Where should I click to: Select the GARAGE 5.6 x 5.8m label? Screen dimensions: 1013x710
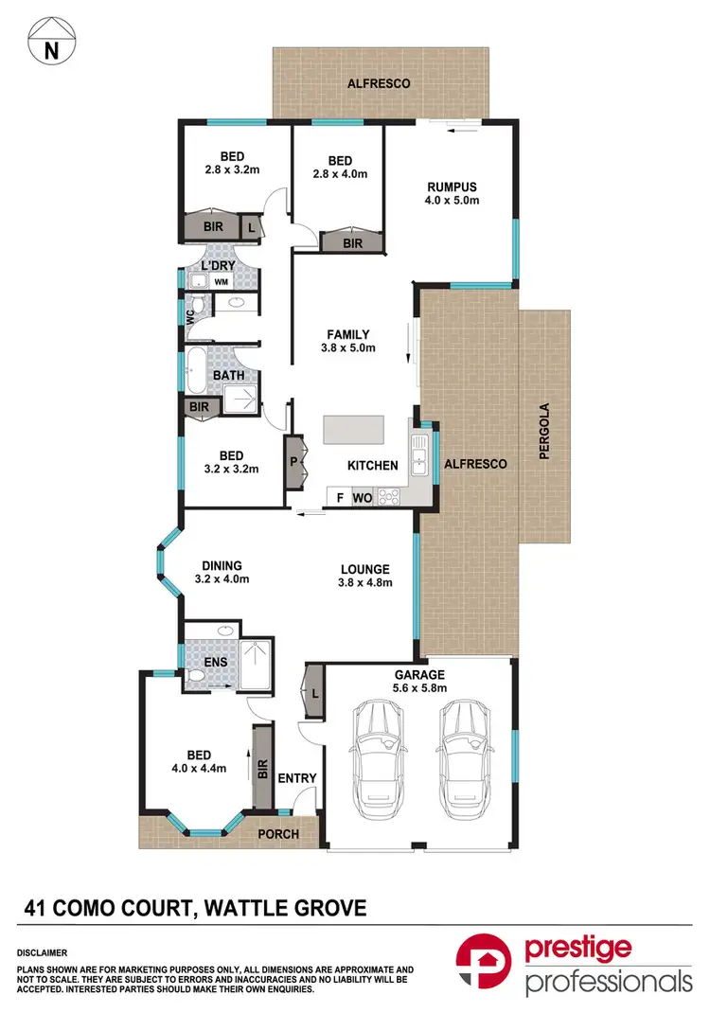tap(419, 682)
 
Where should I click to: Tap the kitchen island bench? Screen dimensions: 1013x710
tap(354, 431)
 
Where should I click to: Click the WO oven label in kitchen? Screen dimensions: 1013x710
tap(362, 497)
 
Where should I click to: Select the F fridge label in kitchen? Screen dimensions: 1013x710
tap(338, 497)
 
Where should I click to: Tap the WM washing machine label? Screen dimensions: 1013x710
tap(221, 282)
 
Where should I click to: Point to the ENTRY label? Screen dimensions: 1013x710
tap(296, 778)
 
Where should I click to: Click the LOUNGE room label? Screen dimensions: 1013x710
tap(364, 576)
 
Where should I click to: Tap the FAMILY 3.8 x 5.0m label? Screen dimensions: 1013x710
tap(347, 341)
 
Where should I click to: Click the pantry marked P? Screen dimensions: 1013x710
tap(293, 463)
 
